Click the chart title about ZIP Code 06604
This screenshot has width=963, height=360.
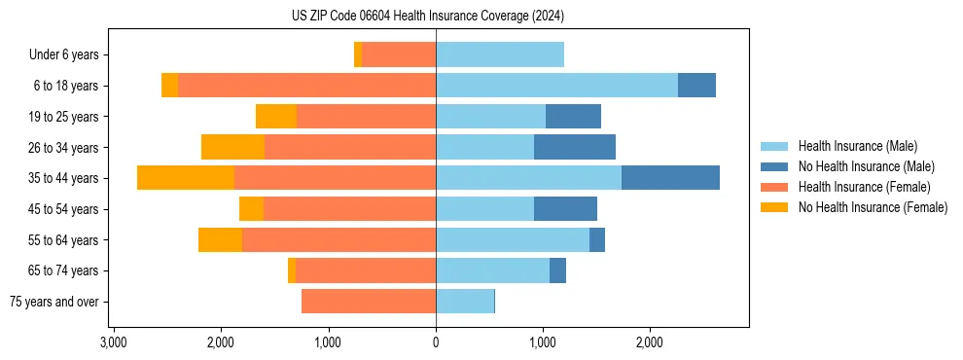tap(428, 16)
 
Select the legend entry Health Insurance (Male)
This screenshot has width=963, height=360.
tap(857, 146)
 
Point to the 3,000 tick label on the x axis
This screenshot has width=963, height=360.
tap(114, 342)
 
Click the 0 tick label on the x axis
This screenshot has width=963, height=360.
tap(436, 342)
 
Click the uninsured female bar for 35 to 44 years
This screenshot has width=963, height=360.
tap(186, 178)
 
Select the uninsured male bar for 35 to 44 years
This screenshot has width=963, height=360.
tap(670, 178)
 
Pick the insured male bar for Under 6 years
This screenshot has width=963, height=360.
tap(500, 55)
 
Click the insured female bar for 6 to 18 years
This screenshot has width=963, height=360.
tap(306, 86)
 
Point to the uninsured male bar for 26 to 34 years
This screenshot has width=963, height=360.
tap(575, 148)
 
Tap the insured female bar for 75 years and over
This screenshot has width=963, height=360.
tap(369, 302)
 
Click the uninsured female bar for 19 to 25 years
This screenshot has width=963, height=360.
tap(276, 117)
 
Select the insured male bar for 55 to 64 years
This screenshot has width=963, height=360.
tap(513, 240)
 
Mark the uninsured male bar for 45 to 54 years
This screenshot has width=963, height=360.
tap(565, 209)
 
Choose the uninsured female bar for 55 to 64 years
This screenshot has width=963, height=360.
tap(220, 240)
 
